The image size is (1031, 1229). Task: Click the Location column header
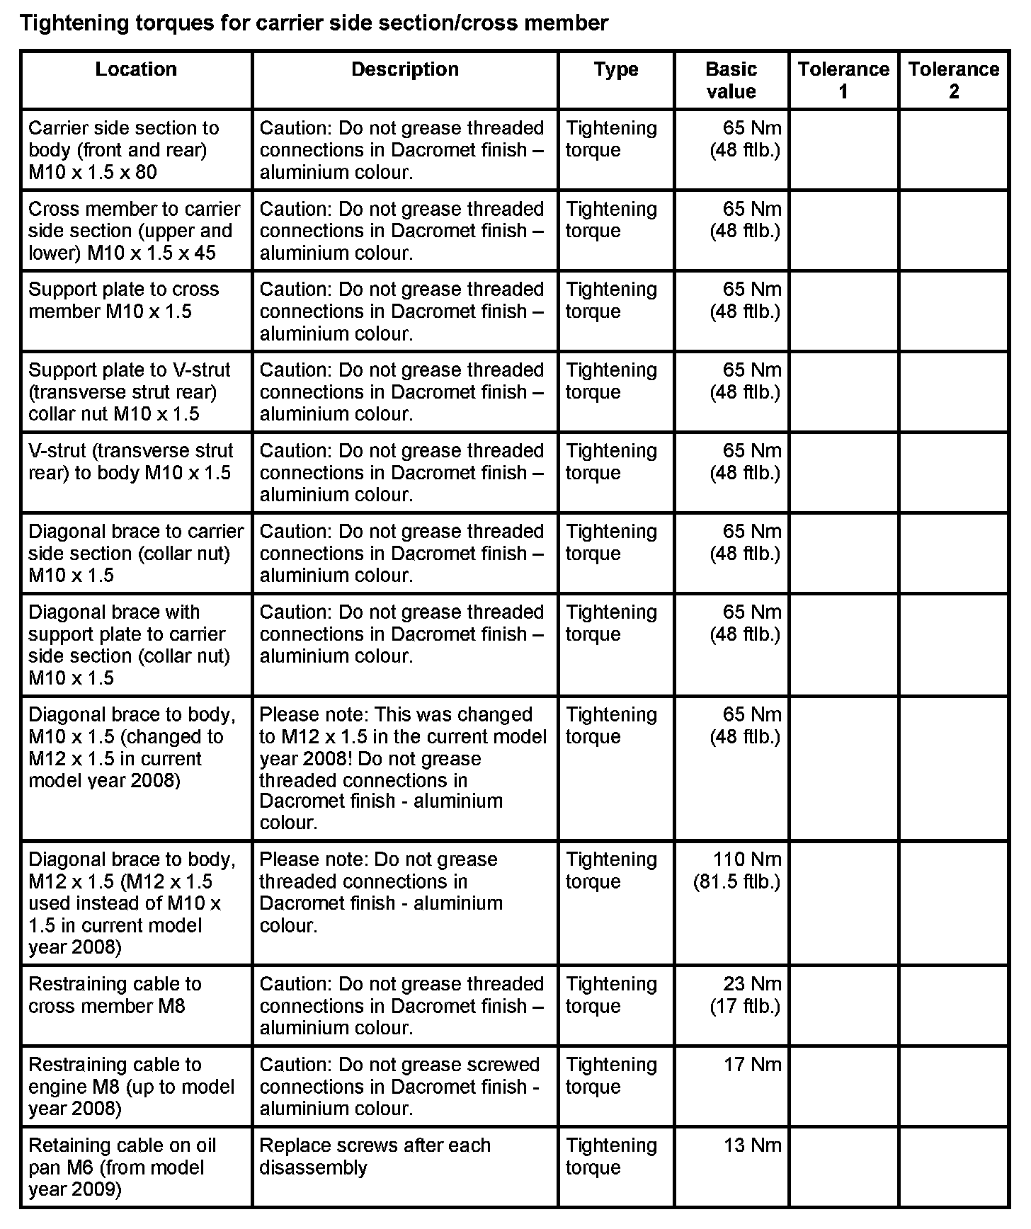pos(136,69)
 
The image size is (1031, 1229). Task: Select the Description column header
pos(404,69)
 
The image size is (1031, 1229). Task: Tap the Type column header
pos(616,69)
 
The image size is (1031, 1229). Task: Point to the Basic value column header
pos(731,80)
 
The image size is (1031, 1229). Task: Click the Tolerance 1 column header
pos(843,80)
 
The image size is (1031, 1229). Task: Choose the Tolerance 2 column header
pos(953,80)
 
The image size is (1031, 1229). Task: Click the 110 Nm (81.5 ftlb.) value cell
pos(737,870)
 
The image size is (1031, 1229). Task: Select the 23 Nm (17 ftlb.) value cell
pos(746,995)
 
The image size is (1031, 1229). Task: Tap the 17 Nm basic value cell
pos(752,1065)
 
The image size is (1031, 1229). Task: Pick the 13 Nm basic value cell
pos(752,1145)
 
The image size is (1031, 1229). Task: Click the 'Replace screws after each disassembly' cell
pos(375,1156)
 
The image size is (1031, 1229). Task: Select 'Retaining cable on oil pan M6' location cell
pos(122,1167)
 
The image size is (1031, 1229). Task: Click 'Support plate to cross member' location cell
pos(123,300)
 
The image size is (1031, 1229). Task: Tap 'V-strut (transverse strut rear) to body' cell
pos(130,462)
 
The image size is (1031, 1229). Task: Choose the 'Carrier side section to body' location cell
pos(123,149)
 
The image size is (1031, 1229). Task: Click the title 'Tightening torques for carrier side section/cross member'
pos(314,23)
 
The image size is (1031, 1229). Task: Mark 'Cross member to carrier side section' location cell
pos(134,231)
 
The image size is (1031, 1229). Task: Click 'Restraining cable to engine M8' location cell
pos(130,1086)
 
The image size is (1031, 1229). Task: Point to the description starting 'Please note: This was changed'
pos(402,768)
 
